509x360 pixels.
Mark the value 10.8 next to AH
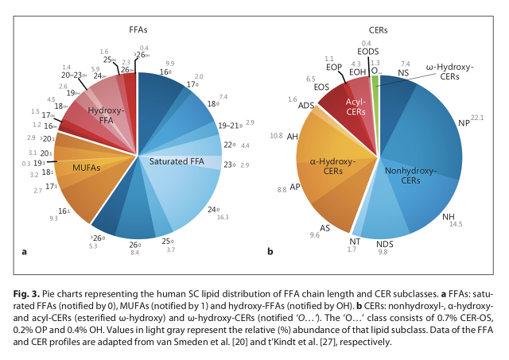(x=277, y=136)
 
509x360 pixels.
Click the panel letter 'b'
(x=272, y=252)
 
